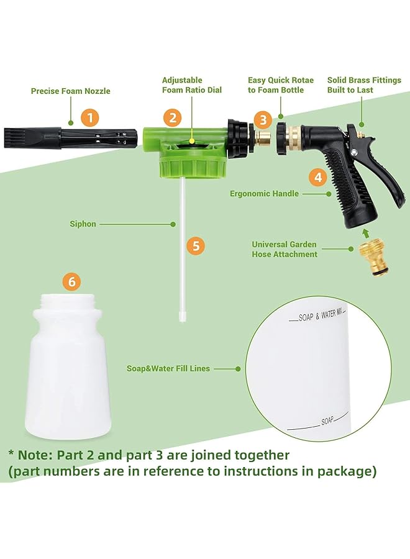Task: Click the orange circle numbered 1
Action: point(90,117)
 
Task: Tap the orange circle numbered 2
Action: point(172,117)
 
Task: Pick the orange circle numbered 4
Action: point(319,177)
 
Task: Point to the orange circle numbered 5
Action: point(196,245)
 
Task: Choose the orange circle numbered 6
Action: point(72,282)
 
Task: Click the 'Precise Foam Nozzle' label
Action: point(71,91)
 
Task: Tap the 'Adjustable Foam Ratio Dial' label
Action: point(192,85)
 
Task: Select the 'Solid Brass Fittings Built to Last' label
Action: point(364,85)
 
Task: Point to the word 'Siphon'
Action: point(83,224)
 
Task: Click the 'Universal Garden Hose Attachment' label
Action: point(285,249)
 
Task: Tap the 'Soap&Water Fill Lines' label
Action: point(168,368)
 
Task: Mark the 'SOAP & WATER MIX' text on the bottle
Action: point(321,316)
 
